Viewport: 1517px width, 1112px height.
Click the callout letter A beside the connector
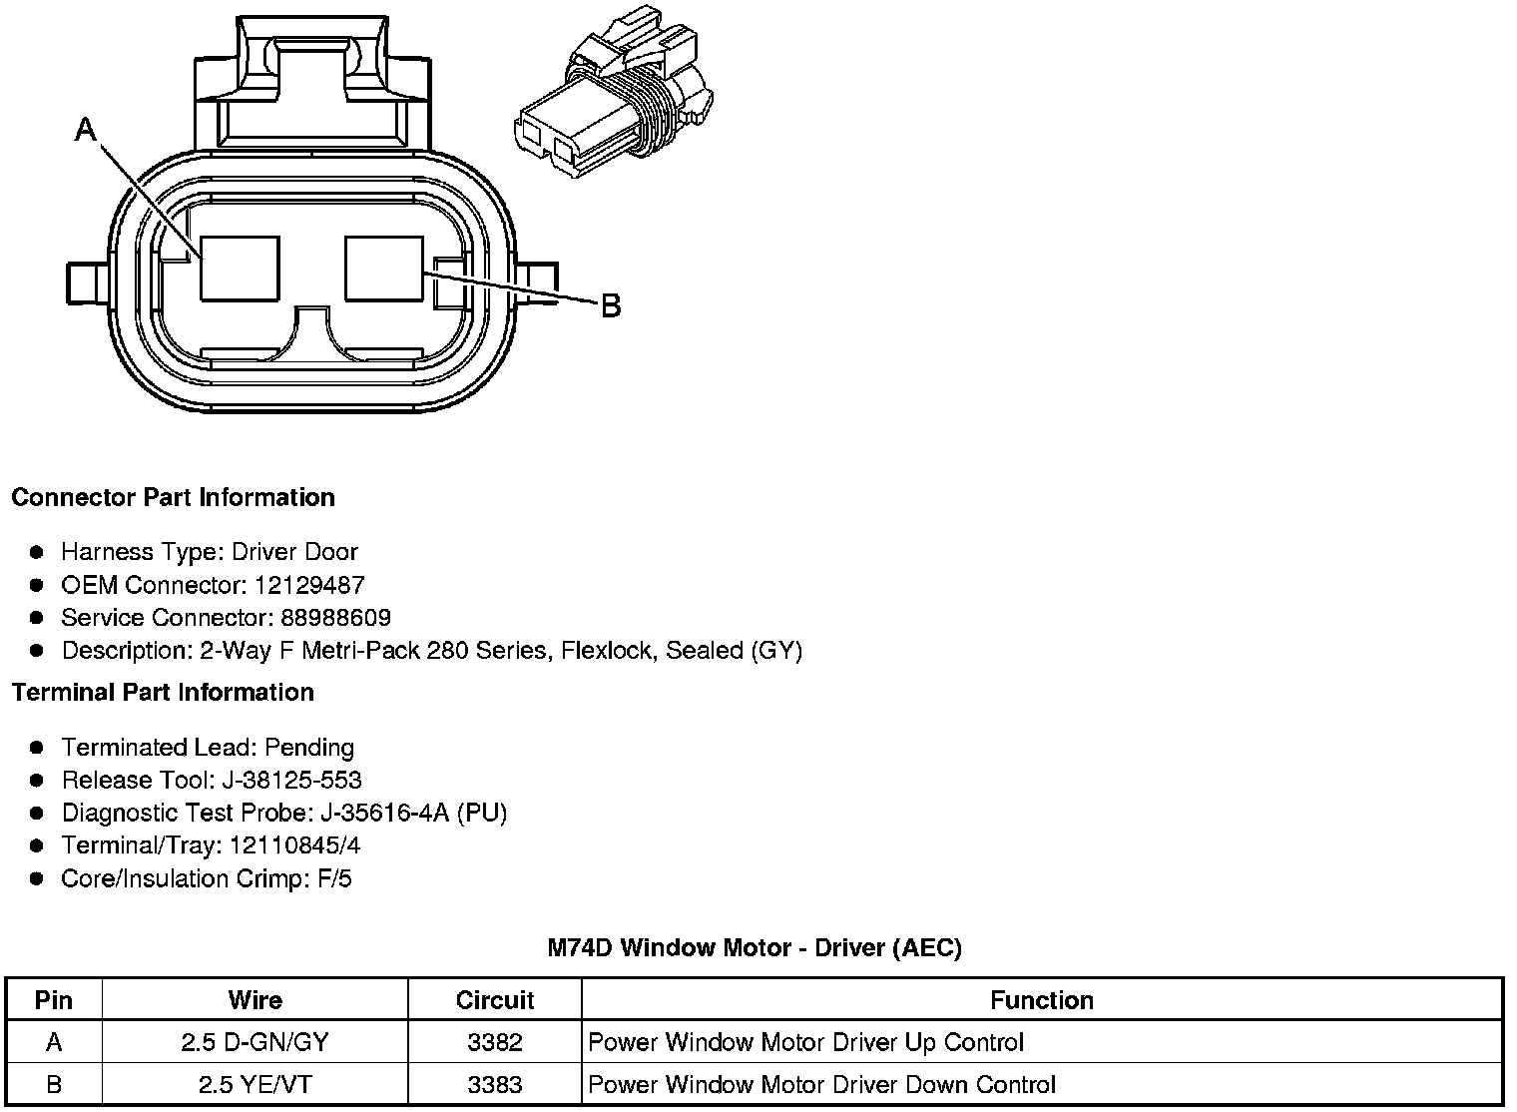point(86,129)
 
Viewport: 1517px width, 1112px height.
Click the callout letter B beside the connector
point(611,305)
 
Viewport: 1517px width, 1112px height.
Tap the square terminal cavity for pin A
point(240,268)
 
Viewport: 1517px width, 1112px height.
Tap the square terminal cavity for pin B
point(384,268)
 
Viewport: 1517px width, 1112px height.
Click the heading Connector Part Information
point(173,497)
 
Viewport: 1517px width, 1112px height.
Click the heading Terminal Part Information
point(163,692)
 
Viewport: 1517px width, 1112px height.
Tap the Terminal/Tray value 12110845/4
point(295,845)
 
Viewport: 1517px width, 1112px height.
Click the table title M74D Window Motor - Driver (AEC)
point(755,947)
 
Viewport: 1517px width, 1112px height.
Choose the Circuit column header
point(495,1000)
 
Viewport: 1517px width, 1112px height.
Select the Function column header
point(1042,1000)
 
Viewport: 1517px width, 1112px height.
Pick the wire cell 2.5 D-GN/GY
point(255,1042)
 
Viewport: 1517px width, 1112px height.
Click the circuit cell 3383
point(495,1084)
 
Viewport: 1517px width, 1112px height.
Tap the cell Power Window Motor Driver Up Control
point(806,1042)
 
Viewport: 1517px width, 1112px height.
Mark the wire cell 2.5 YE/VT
point(255,1084)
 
